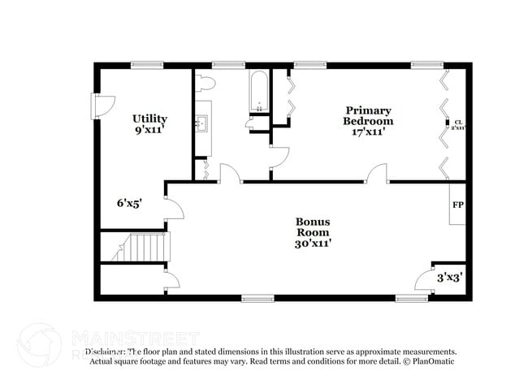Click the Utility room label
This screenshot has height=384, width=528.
click(x=149, y=119)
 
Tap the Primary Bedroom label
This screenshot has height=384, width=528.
click(x=368, y=115)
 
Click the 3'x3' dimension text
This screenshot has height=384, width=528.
click(x=449, y=278)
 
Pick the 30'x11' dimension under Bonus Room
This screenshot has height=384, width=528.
click(x=312, y=242)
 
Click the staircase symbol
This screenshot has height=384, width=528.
click(x=140, y=247)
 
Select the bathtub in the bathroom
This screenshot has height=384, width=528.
click(x=259, y=91)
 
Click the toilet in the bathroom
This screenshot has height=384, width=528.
click(x=205, y=82)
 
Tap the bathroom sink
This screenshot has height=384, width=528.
click(x=203, y=124)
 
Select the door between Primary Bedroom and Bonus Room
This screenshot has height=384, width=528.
click(x=376, y=174)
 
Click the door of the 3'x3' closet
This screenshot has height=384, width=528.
click(x=424, y=280)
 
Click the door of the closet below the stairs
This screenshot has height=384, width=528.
click(x=171, y=281)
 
